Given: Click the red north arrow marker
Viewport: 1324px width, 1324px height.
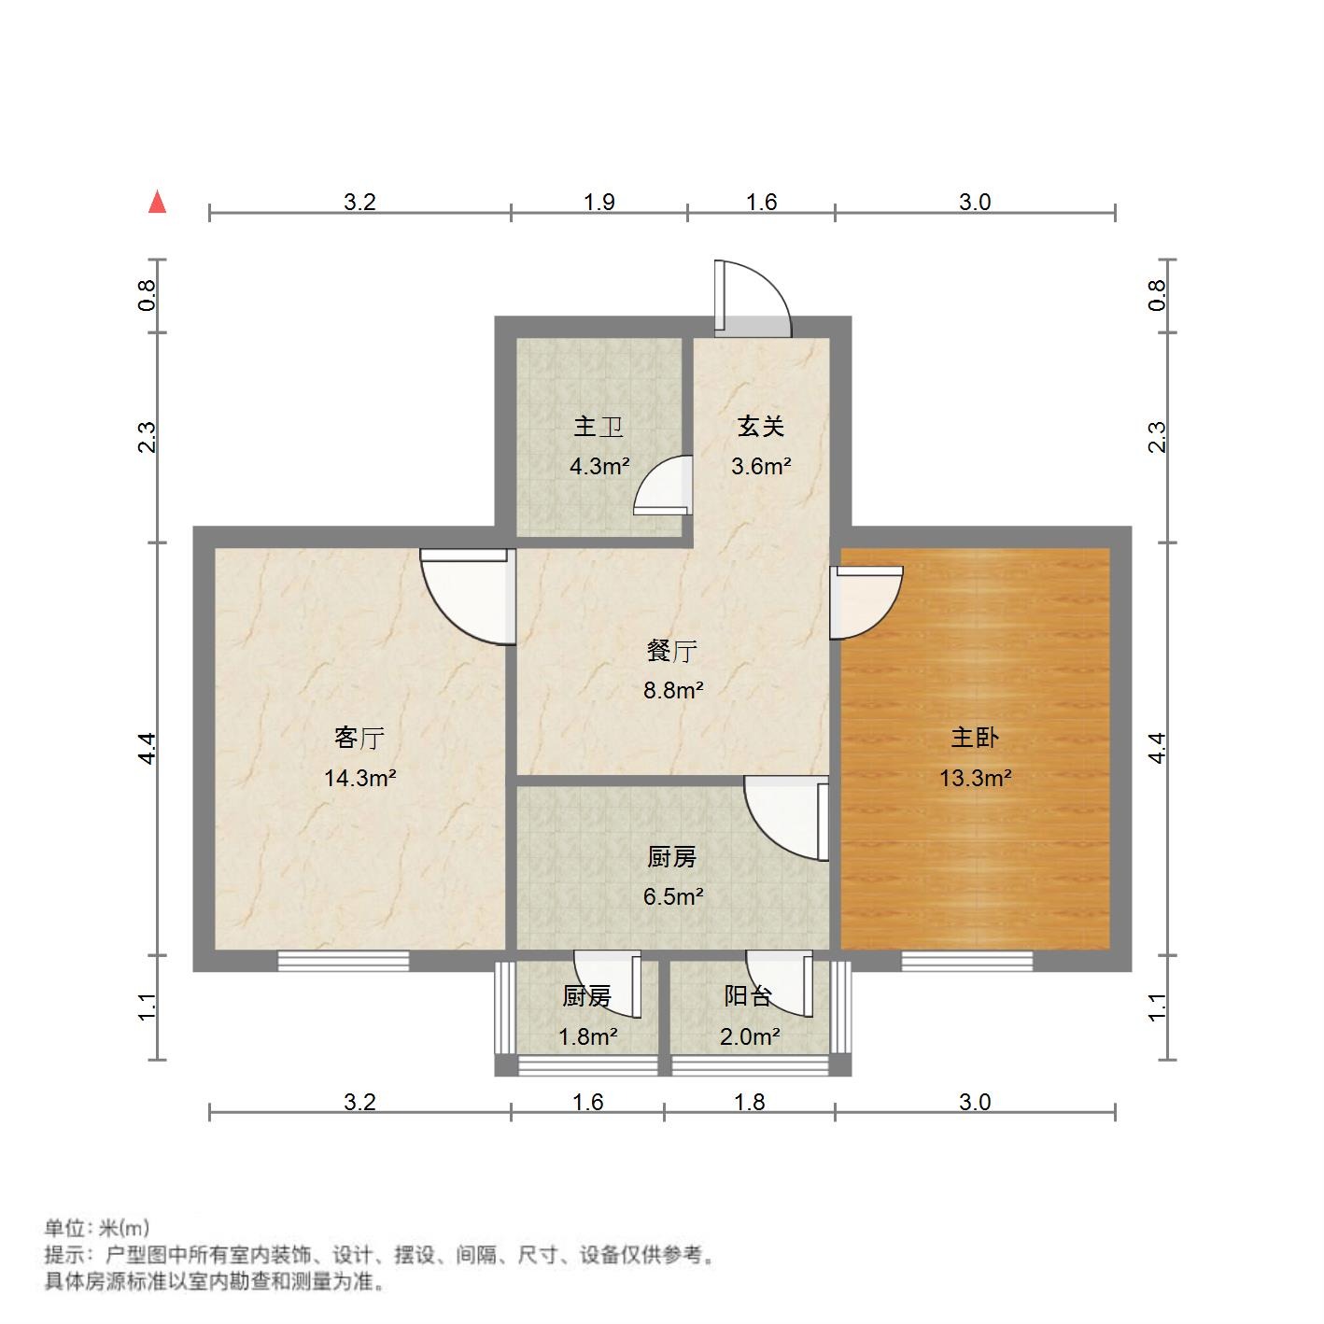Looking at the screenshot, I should (x=158, y=203).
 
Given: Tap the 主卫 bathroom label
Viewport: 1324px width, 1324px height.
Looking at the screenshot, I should (x=599, y=427).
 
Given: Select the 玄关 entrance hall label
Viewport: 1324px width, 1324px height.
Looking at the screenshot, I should (x=760, y=427).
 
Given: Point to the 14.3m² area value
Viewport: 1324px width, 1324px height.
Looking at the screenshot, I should (x=360, y=778).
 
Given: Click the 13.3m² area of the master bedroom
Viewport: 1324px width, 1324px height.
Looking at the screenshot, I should (x=976, y=778).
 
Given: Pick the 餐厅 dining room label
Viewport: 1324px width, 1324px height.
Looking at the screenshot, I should (x=672, y=651).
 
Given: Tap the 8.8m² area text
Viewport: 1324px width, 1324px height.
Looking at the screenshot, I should (x=672, y=691).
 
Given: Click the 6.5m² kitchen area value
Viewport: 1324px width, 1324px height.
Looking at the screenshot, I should (x=672, y=896).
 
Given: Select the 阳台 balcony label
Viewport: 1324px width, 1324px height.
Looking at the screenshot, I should (x=748, y=996).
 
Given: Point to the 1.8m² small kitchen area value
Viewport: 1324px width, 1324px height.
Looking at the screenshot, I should (x=587, y=1036).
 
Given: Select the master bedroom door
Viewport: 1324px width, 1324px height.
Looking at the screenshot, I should (x=866, y=603).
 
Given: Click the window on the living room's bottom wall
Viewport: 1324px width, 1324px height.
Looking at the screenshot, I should (x=344, y=961).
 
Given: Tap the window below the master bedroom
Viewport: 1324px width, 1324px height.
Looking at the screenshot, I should (x=967, y=961).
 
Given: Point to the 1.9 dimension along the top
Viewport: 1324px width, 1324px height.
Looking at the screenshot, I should (x=599, y=202).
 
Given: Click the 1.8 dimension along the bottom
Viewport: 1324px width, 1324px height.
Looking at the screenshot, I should (x=749, y=1103).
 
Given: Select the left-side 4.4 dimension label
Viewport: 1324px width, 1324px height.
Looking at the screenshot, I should (x=148, y=748).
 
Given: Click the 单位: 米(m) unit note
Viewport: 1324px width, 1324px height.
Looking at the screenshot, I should (x=96, y=1228).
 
